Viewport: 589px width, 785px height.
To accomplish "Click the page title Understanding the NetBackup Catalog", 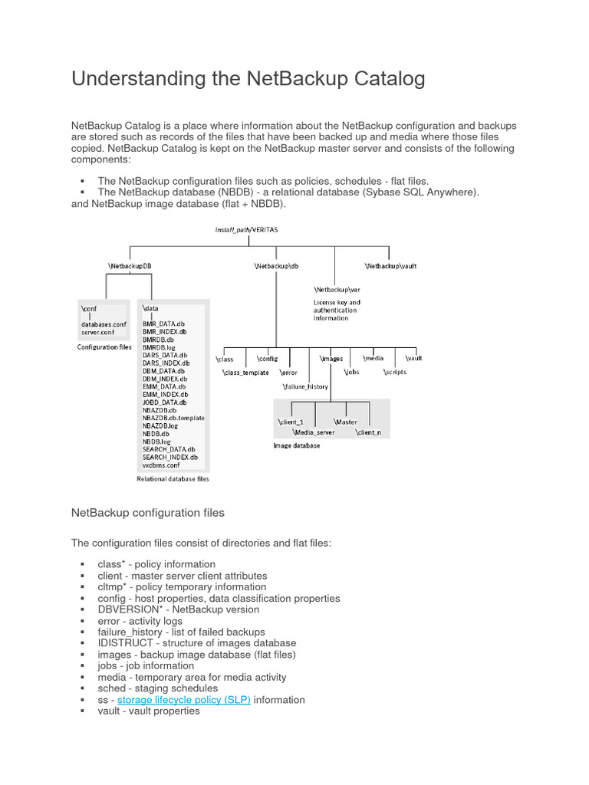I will [248, 79].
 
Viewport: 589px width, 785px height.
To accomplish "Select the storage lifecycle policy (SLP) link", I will [184, 700].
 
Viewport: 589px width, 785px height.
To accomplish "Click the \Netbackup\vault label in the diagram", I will [390, 266].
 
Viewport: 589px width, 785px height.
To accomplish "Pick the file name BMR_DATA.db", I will [163, 324].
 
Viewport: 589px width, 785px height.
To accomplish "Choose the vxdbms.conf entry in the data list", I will [161, 465].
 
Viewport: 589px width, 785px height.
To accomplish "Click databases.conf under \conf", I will [104, 324].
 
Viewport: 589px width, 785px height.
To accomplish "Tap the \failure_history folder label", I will [307, 386].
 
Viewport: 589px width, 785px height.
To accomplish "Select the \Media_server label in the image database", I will [314, 432].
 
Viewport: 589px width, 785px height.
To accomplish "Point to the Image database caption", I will [297, 445].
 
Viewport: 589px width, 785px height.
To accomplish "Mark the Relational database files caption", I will [173, 479].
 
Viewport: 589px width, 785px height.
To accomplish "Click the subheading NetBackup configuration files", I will [148, 512].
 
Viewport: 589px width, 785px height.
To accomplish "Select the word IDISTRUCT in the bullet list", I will [127, 643].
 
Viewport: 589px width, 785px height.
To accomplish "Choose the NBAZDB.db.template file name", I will [173, 418].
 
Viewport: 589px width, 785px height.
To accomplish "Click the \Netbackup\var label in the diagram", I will [337, 290].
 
